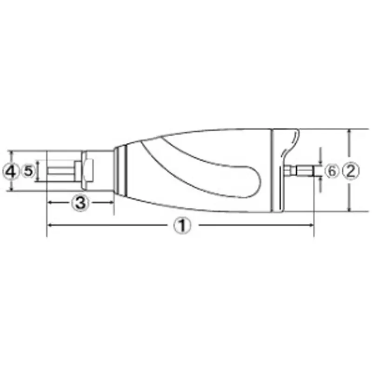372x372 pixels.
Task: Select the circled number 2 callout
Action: coord(351,171)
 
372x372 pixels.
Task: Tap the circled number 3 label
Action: coord(80,202)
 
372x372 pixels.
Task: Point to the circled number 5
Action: coord(28,171)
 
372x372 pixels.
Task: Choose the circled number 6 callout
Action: coord(332,171)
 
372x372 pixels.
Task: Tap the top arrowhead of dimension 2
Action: coord(349,132)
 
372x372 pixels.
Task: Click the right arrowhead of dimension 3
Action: coord(111,202)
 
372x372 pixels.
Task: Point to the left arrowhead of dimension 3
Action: coord(50,202)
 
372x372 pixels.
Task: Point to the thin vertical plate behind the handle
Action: coord(282,186)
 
